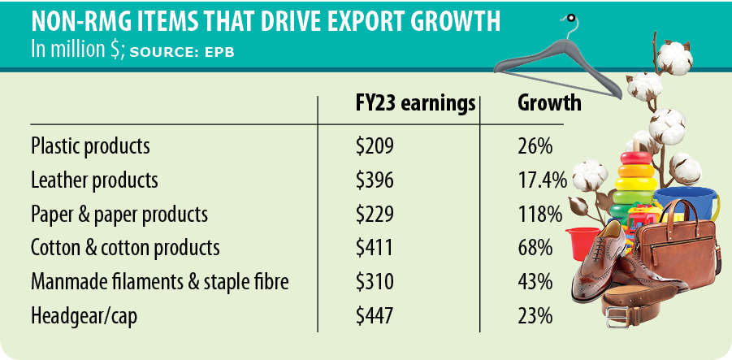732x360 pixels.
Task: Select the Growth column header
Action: coord(549,104)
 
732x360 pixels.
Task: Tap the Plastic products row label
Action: coord(90,146)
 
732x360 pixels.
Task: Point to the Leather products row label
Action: coord(94,180)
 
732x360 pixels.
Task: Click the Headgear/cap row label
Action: coord(84,314)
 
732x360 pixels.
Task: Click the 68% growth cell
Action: coord(535,247)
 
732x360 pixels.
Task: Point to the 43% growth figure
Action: coord(535,281)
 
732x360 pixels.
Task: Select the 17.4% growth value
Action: coord(541,180)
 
